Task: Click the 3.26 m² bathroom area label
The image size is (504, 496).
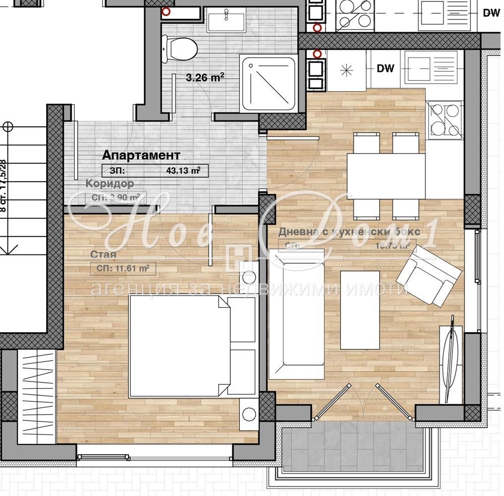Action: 205,77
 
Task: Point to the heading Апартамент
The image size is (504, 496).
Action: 141,155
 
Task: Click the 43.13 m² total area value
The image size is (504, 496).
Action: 183,171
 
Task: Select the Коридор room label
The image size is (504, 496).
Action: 109,184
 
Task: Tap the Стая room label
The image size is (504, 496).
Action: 103,255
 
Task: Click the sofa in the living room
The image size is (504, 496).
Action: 296,313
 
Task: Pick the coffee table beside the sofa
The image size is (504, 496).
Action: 360,310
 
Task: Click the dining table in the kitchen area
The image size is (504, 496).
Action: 386,176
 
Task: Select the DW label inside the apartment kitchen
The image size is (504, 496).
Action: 385,68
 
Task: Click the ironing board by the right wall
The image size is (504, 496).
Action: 451,359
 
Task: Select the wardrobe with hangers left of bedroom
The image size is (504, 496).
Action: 37,397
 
